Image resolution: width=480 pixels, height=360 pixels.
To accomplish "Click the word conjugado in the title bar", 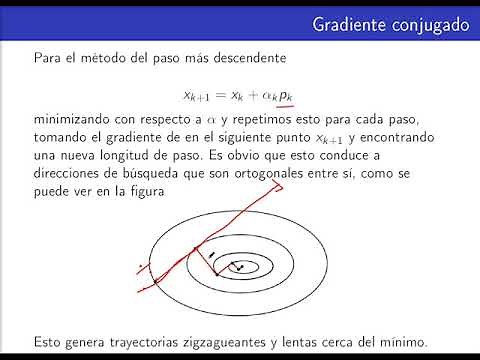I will pyautogui.click(x=425, y=22).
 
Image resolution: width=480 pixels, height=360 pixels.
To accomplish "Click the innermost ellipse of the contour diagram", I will pyautogui.click(x=240, y=267).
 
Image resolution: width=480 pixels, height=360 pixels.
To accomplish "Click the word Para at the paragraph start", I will pyautogui.click(x=48, y=59).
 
